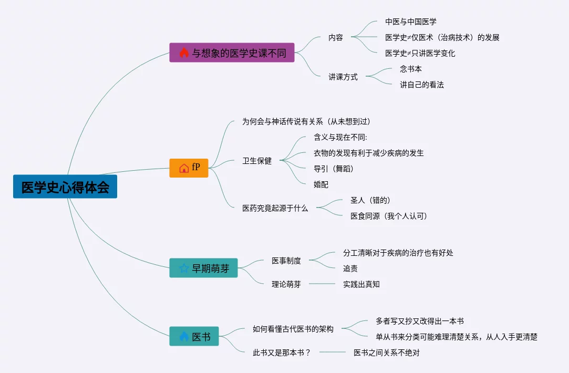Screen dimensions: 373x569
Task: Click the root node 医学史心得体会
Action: pos(65,187)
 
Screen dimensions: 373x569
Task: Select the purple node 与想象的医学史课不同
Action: pos(232,53)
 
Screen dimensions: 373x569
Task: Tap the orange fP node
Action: pos(189,168)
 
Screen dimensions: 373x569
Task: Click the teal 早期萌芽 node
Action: pos(203,268)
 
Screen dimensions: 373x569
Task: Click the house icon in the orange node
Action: pos(184,168)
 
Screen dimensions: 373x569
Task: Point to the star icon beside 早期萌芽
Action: pos(184,268)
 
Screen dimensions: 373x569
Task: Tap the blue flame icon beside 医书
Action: pos(184,336)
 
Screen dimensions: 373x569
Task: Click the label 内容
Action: pos(336,37)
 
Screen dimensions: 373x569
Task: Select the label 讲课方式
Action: pos(343,77)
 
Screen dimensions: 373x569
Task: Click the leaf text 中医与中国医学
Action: pos(411,22)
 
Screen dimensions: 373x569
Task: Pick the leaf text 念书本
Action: pos(411,69)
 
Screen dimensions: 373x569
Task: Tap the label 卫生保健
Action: pos(257,161)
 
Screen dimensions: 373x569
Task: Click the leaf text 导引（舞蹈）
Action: pos(334,169)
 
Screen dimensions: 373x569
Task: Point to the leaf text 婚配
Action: pos(321,184)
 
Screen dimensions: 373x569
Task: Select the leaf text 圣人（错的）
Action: pos(370,200)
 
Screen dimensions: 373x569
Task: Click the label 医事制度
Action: pos(286,261)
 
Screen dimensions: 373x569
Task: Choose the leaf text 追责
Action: pos(350,268)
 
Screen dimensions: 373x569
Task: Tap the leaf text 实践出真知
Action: pos(361,284)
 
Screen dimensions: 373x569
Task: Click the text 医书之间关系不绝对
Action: pos(387,353)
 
